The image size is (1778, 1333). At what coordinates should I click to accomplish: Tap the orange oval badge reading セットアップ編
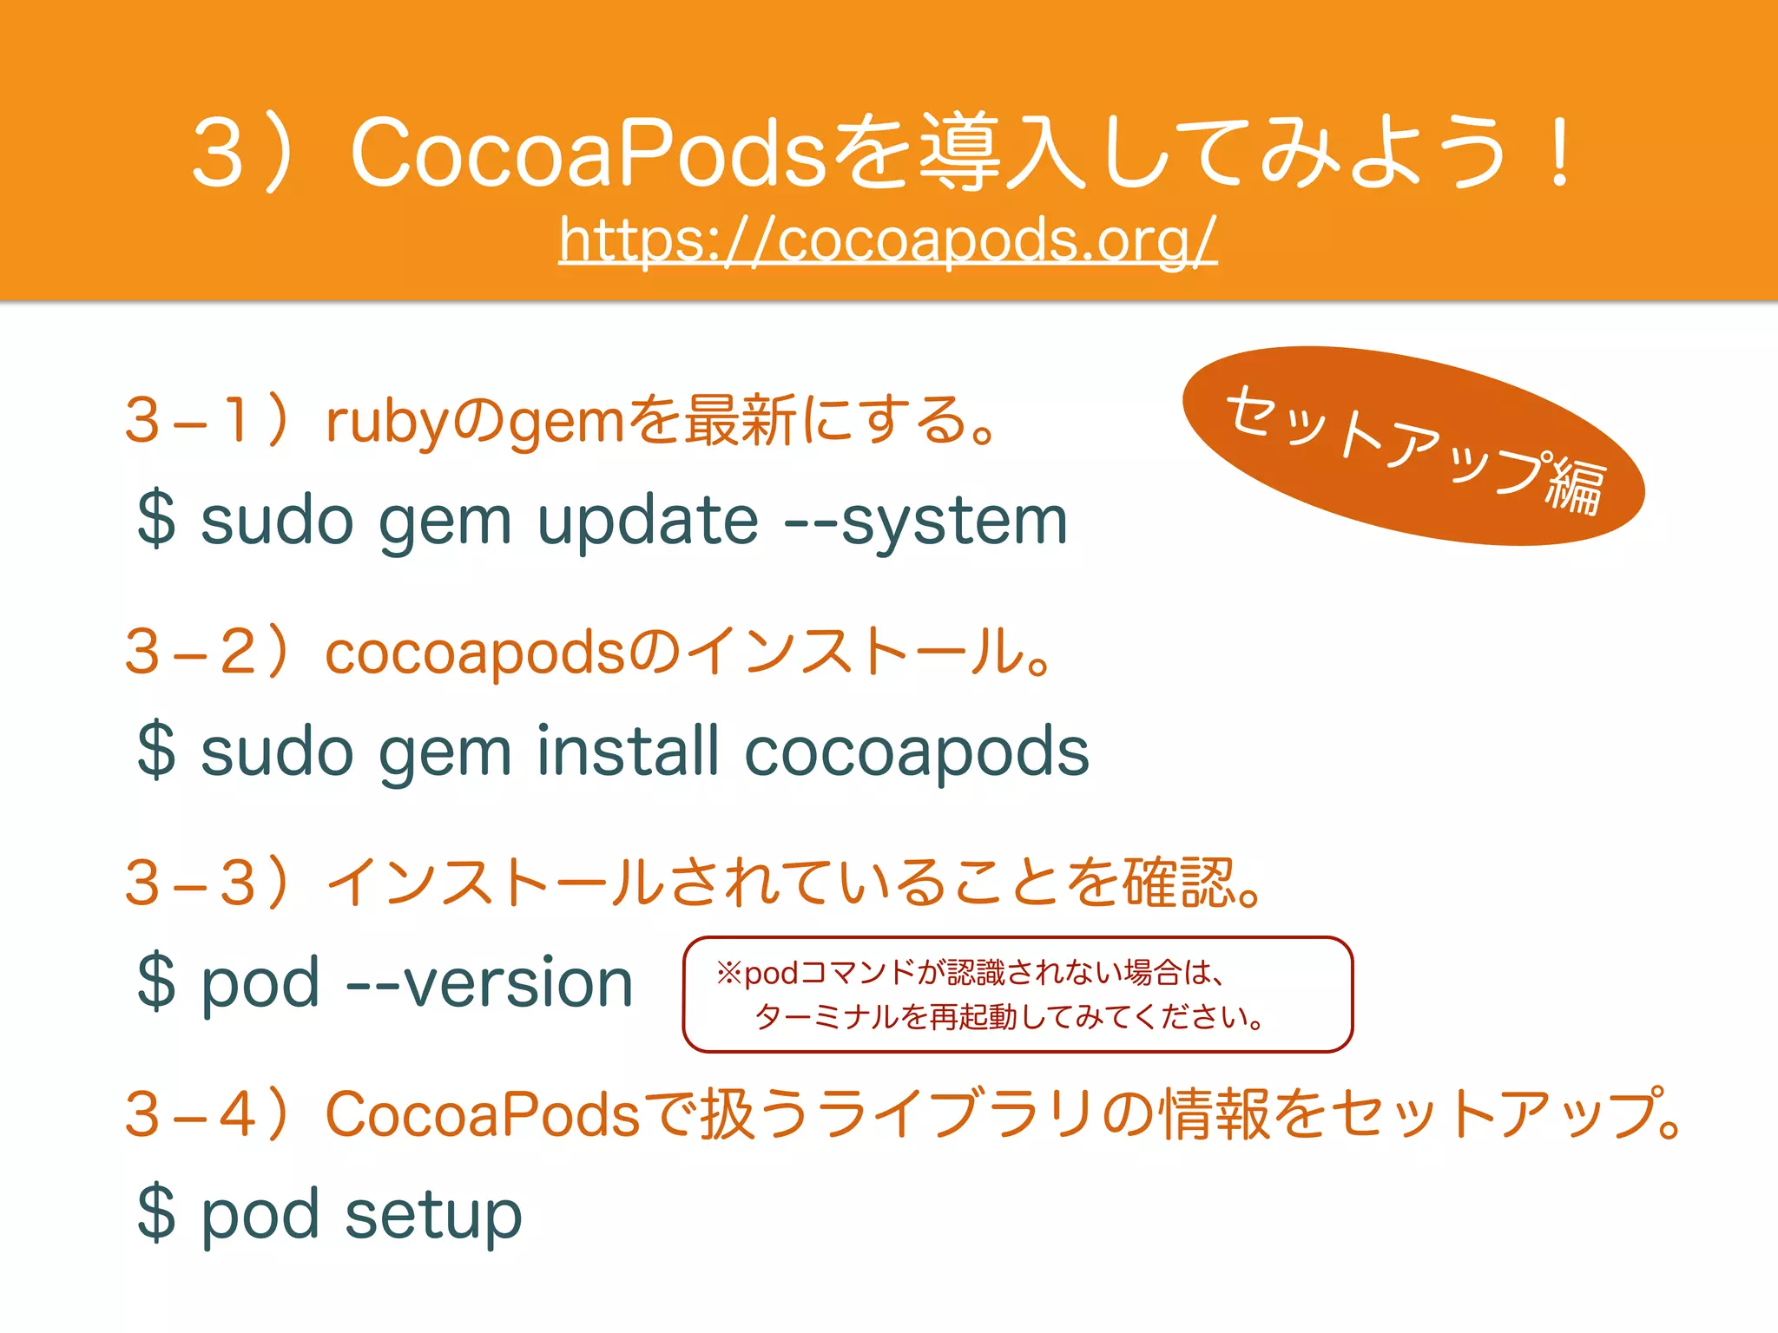(x=1413, y=446)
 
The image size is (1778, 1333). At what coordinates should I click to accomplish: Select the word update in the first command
(x=648, y=522)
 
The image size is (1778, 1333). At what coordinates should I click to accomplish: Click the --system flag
(x=925, y=522)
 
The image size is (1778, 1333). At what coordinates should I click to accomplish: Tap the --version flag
(x=491, y=982)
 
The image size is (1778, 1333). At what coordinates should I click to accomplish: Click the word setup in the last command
(x=433, y=1215)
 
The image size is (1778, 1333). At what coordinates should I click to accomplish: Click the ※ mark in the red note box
(x=728, y=973)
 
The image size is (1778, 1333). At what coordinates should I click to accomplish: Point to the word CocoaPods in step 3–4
(x=482, y=1113)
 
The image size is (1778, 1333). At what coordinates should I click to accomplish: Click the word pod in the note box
(x=771, y=974)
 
